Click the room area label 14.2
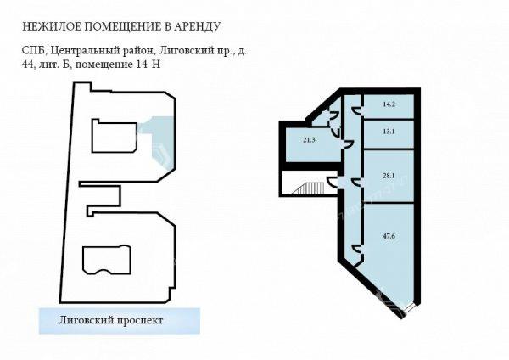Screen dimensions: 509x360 click(x=389, y=104)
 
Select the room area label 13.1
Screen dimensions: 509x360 click(x=389, y=132)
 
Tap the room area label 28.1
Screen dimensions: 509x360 click(x=389, y=176)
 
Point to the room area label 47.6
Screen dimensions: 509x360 click(x=389, y=236)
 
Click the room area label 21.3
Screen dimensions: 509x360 click(x=309, y=140)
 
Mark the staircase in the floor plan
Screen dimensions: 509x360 click(x=308, y=188)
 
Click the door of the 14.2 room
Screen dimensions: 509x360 click(x=357, y=110)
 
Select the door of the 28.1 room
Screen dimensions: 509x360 click(x=357, y=182)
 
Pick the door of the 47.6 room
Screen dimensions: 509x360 click(x=357, y=248)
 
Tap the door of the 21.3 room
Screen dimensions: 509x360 click(x=348, y=144)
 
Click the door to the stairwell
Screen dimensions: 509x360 click(x=332, y=182)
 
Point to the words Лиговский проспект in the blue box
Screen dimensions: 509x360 click(x=110, y=321)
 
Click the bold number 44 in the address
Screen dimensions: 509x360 click(x=28, y=65)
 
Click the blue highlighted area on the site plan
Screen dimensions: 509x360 click(x=160, y=140)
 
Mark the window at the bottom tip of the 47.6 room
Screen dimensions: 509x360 click(x=410, y=307)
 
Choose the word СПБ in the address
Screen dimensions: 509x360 click(x=35, y=51)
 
